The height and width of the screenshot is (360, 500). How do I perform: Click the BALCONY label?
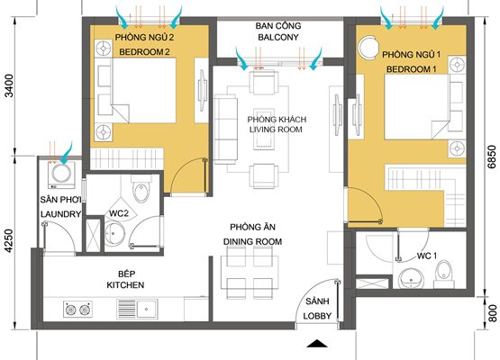coord(278,37)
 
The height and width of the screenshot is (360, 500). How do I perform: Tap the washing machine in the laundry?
coord(61,175)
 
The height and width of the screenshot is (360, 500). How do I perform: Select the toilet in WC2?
coord(141,189)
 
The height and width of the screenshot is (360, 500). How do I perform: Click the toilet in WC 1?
coord(443,274)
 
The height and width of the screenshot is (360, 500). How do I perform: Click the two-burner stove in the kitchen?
coord(77,309)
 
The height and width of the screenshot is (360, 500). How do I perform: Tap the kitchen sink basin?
coord(147,309)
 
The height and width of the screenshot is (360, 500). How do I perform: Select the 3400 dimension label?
coord(10,85)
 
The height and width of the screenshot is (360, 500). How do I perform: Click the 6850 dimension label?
coord(493,157)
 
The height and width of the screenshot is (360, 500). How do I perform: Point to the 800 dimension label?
coord(493,313)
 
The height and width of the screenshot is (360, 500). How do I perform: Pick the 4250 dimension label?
coord(10,241)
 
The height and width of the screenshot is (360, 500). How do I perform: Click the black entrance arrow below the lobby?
coord(316,344)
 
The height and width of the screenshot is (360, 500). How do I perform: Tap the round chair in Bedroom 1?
coord(368,47)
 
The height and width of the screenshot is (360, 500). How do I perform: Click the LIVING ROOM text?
coord(276,130)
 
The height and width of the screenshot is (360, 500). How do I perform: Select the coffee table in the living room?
coord(263,128)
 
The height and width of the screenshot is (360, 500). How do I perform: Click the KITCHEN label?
coord(125,284)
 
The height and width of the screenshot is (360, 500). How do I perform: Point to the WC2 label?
coord(119,213)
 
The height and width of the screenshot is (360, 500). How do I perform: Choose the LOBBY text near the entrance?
coord(317,316)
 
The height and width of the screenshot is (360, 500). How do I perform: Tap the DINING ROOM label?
coord(252,241)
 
